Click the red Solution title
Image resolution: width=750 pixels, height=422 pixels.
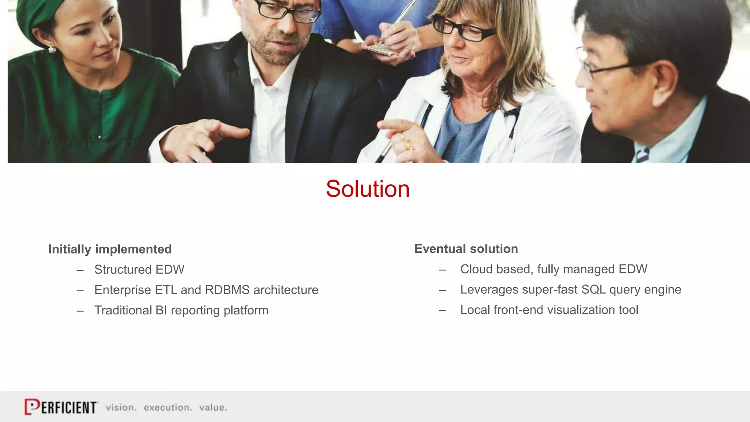point(368,189)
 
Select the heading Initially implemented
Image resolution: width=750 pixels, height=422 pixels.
point(110,249)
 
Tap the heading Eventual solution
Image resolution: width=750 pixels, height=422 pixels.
point(466,249)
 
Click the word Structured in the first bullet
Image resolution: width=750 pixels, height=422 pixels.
point(123,270)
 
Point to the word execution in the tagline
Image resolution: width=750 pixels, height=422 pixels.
point(167,408)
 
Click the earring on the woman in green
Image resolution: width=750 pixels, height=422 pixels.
point(52,49)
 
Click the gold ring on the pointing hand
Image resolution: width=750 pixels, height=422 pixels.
point(408,145)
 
